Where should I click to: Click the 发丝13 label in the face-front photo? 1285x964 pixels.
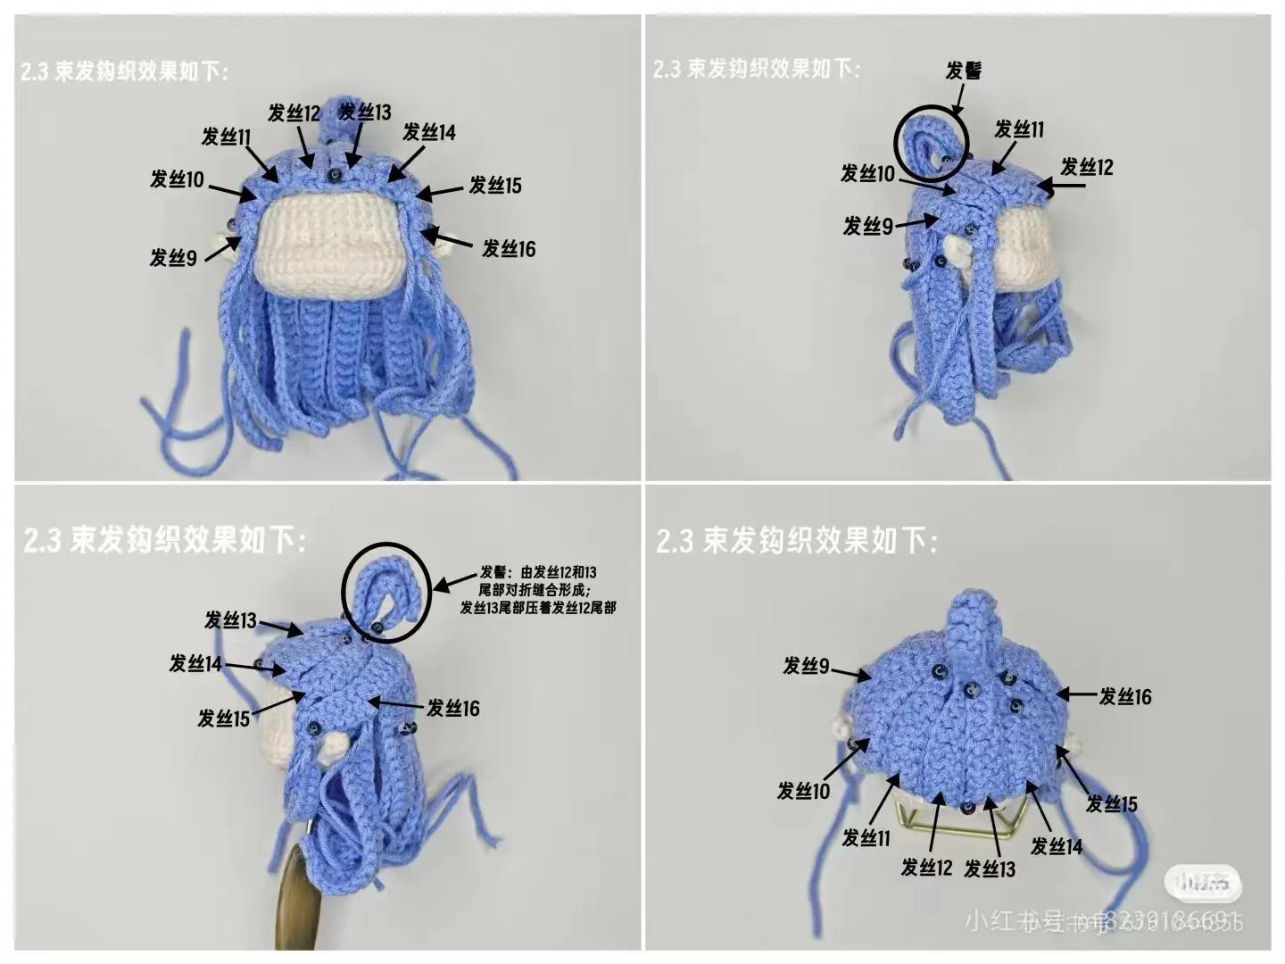(366, 112)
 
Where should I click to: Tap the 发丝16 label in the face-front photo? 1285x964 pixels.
(509, 249)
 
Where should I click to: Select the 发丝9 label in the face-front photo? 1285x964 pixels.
(173, 259)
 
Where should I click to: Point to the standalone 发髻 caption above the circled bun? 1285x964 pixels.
(964, 71)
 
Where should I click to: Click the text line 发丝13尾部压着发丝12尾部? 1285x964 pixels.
(538, 608)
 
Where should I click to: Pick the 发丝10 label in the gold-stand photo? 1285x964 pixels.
(803, 791)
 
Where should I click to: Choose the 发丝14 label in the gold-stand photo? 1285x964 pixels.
(1057, 845)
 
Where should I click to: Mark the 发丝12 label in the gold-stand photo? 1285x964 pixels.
(926, 868)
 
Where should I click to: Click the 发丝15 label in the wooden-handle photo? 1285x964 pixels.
(223, 719)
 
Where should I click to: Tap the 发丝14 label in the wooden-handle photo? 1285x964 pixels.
(195, 663)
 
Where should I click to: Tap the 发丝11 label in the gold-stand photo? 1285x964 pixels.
(866, 838)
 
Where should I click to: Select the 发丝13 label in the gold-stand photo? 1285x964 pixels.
(990, 868)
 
